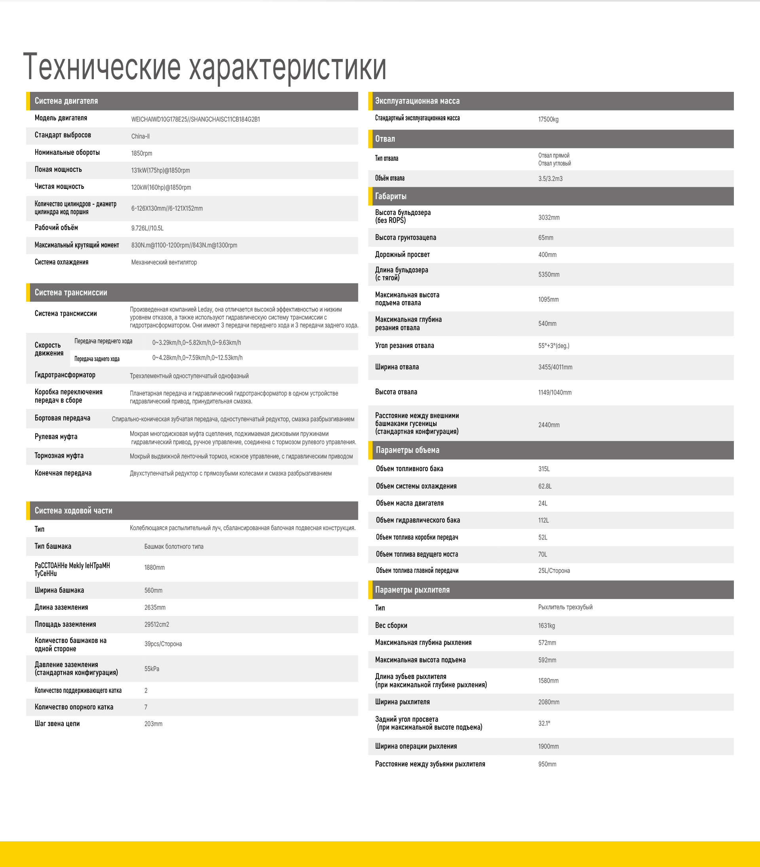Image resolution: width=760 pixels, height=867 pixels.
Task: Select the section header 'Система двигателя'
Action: click(x=66, y=101)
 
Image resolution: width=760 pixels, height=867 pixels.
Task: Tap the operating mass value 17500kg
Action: click(x=548, y=119)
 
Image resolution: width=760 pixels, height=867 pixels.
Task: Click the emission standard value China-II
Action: click(x=141, y=136)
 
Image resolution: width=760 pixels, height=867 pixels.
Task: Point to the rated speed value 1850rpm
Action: click(x=142, y=153)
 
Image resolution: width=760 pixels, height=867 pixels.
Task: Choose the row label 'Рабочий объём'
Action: click(x=56, y=228)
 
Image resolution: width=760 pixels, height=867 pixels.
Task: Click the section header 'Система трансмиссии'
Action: click(x=71, y=293)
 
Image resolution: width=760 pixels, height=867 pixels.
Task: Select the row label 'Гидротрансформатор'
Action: click(x=65, y=375)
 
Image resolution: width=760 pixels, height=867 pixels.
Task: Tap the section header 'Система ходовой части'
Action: click(x=73, y=511)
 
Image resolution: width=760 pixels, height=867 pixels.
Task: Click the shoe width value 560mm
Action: click(x=153, y=590)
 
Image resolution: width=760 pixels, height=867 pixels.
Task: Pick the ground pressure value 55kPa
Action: click(x=152, y=669)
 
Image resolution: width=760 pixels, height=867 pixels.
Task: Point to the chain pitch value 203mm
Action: click(x=153, y=724)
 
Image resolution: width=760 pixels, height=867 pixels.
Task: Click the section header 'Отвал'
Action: click(x=385, y=139)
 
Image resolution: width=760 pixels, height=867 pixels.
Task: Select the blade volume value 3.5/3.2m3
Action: click(x=550, y=179)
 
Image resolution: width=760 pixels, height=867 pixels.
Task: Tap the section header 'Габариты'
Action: click(x=391, y=196)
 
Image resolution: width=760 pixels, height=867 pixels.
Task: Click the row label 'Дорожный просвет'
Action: click(x=402, y=255)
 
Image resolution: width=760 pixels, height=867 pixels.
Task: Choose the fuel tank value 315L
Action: click(x=544, y=469)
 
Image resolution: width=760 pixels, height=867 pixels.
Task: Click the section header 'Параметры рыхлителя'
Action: click(x=412, y=590)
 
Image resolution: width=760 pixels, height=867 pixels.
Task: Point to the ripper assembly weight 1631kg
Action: click(x=546, y=626)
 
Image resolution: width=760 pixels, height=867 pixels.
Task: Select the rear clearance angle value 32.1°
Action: click(x=544, y=724)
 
